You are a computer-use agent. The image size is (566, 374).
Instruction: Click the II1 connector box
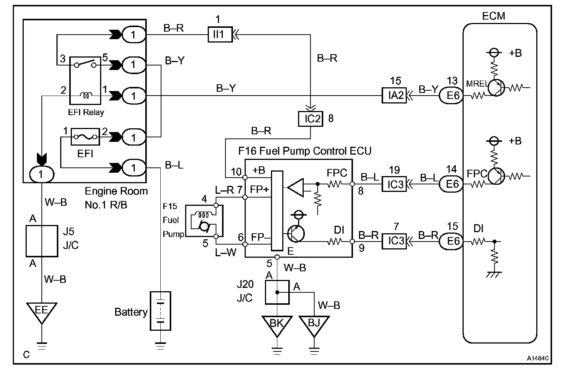pos(220,34)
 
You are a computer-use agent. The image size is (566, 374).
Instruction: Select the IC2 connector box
pos(310,119)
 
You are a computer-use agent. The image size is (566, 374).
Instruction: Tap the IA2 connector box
pos(394,95)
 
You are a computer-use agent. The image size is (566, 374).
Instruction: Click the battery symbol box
pos(160,311)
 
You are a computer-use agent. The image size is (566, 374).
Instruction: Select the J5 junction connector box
pos(42,241)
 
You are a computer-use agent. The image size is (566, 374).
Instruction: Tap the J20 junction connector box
pos(277,292)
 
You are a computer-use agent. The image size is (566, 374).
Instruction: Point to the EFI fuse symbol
pos(85,137)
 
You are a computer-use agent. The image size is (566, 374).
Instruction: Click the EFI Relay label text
pos(86,112)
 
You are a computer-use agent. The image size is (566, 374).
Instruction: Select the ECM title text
pos(493,16)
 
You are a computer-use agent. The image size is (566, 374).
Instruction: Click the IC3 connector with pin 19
pos(394,184)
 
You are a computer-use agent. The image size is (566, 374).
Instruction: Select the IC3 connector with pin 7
pos(394,241)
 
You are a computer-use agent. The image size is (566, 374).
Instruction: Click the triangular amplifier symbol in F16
pos(296,187)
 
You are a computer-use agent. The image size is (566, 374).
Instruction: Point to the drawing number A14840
pos(538,358)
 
